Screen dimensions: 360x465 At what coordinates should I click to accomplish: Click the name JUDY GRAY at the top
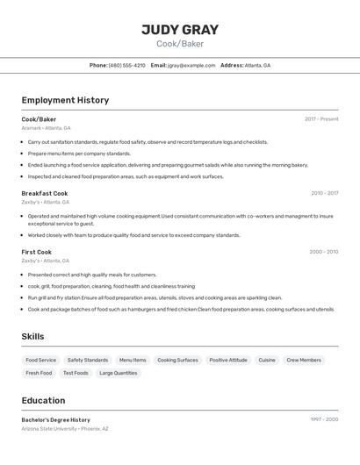(x=180, y=30)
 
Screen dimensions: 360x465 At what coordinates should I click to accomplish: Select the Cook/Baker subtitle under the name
(x=180, y=44)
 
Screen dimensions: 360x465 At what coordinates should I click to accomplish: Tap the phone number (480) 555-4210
(x=127, y=66)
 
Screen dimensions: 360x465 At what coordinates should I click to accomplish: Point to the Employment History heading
(x=65, y=100)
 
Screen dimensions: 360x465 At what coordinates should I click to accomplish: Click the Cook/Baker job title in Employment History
(x=39, y=119)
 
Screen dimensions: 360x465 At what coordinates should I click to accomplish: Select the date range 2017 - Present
(x=321, y=119)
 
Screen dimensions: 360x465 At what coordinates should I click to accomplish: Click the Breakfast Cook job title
(x=45, y=193)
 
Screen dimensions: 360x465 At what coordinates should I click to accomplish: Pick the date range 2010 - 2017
(x=324, y=193)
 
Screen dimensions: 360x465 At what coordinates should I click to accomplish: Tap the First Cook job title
(x=37, y=252)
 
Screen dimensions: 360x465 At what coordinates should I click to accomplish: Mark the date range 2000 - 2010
(x=323, y=252)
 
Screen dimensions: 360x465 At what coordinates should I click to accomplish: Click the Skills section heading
(x=32, y=336)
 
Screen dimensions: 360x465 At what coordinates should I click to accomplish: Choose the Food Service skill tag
(x=40, y=360)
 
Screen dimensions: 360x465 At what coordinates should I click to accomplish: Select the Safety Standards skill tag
(x=88, y=360)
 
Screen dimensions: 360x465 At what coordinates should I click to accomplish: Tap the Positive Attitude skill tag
(x=228, y=360)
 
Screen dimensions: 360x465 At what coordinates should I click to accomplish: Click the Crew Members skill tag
(x=304, y=360)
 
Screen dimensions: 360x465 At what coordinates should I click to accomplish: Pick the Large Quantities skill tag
(x=119, y=373)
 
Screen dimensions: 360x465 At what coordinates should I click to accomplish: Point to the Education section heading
(x=44, y=399)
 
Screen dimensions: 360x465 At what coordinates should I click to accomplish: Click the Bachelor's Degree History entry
(x=56, y=419)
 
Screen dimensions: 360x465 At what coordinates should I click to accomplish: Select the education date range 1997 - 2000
(x=324, y=419)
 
